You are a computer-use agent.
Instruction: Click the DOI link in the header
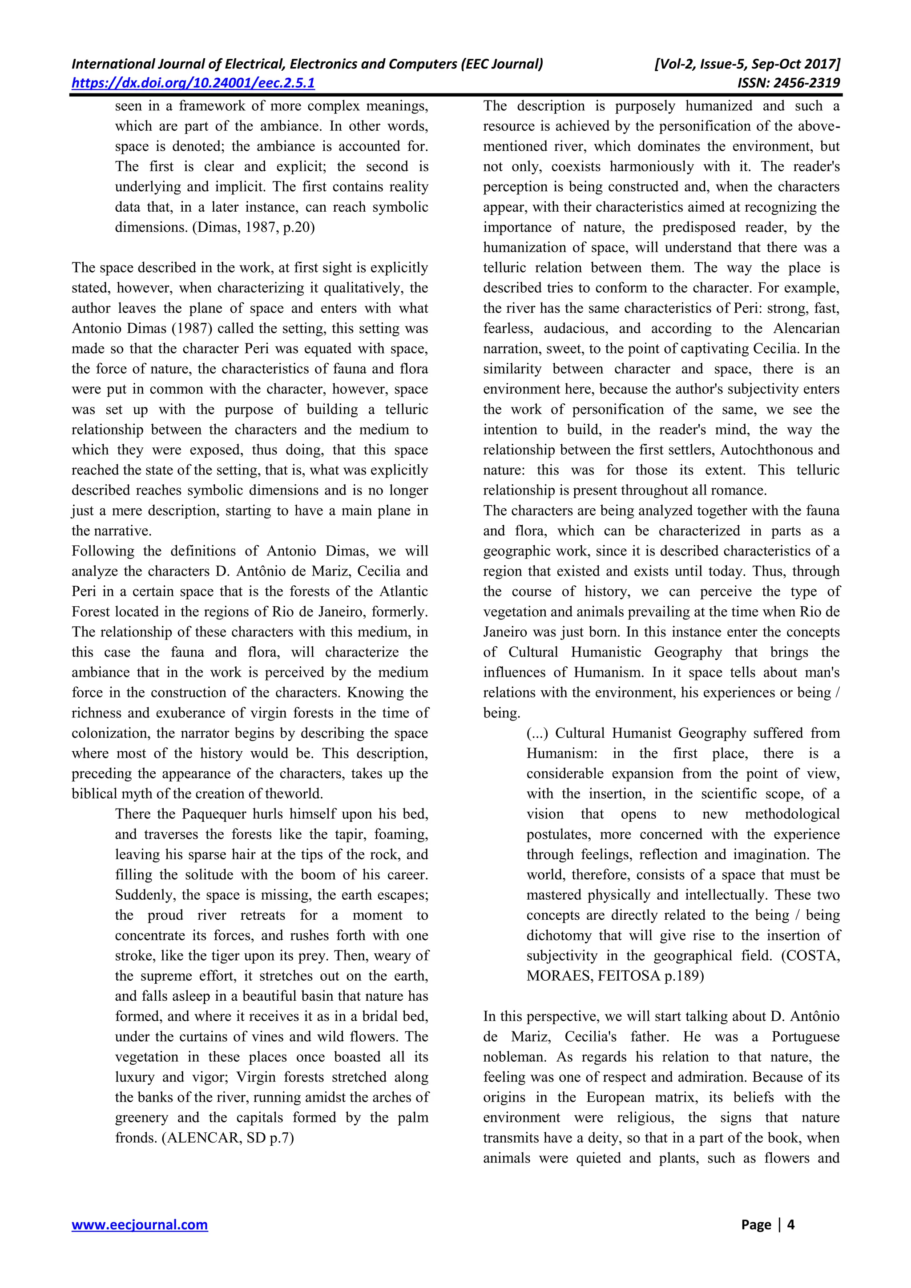[x=193, y=83]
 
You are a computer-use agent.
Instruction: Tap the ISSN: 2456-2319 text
[x=789, y=83]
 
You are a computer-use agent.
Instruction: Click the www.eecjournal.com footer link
[x=139, y=1224]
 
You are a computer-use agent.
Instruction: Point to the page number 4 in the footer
[x=791, y=1224]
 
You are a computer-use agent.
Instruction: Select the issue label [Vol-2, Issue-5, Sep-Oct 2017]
[x=747, y=64]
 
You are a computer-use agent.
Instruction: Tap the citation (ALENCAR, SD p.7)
[x=228, y=1138]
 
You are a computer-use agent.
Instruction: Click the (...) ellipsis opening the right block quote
[x=538, y=733]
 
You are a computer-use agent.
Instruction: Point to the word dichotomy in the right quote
[x=559, y=935]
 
